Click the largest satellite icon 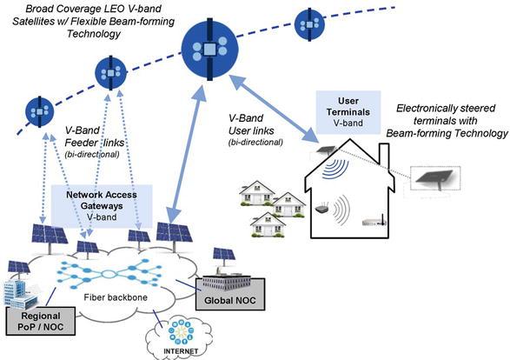[x=209, y=50]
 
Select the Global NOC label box [x=230, y=294]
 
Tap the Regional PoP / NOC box [x=41, y=321]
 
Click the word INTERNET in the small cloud [x=181, y=351]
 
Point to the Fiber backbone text [x=116, y=297]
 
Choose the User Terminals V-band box [x=348, y=112]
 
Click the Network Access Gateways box [x=102, y=206]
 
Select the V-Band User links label [x=251, y=130]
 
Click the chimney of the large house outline [x=384, y=154]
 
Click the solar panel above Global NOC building [x=224, y=255]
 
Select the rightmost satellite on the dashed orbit [x=309, y=24]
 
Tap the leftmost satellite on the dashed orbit [x=40, y=111]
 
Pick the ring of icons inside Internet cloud [x=181, y=332]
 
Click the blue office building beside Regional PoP [x=19, y=294]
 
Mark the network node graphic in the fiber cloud [x=109, y=274]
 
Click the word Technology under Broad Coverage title [x=94, y=34]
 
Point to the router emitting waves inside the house [x=322, y=209]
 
